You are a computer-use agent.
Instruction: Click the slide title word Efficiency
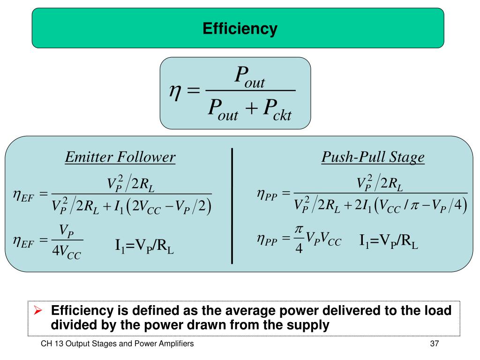(240, 29)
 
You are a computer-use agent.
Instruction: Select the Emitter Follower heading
(120, 157)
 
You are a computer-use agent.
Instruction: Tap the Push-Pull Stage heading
(373, 157)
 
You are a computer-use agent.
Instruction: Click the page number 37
(434, 344)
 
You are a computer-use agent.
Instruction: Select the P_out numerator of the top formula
(249, 76)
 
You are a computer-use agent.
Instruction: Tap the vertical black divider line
(232, 206)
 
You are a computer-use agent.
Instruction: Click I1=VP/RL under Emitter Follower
(144, 246)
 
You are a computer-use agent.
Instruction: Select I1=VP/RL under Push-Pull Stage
(389, 241)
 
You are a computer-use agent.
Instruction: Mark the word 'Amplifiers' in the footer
(178, 344)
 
